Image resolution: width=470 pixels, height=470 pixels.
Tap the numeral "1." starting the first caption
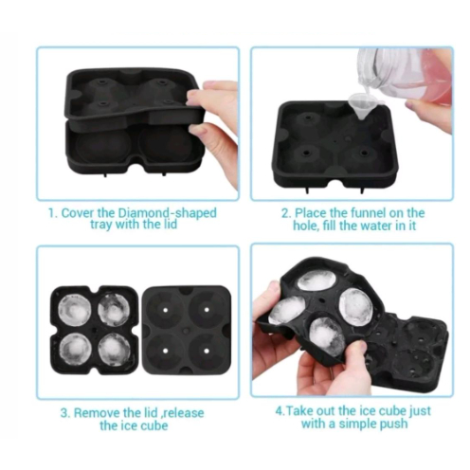(x=53, y=213)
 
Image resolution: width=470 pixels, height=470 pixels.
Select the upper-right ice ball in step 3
(x=113, y=310)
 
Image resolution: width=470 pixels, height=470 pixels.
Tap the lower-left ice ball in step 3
(x=75, y=349)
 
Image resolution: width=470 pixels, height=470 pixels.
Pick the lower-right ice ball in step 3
(x=113, y=348)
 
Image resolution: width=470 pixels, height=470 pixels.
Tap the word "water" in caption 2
(x=371, y=226)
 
